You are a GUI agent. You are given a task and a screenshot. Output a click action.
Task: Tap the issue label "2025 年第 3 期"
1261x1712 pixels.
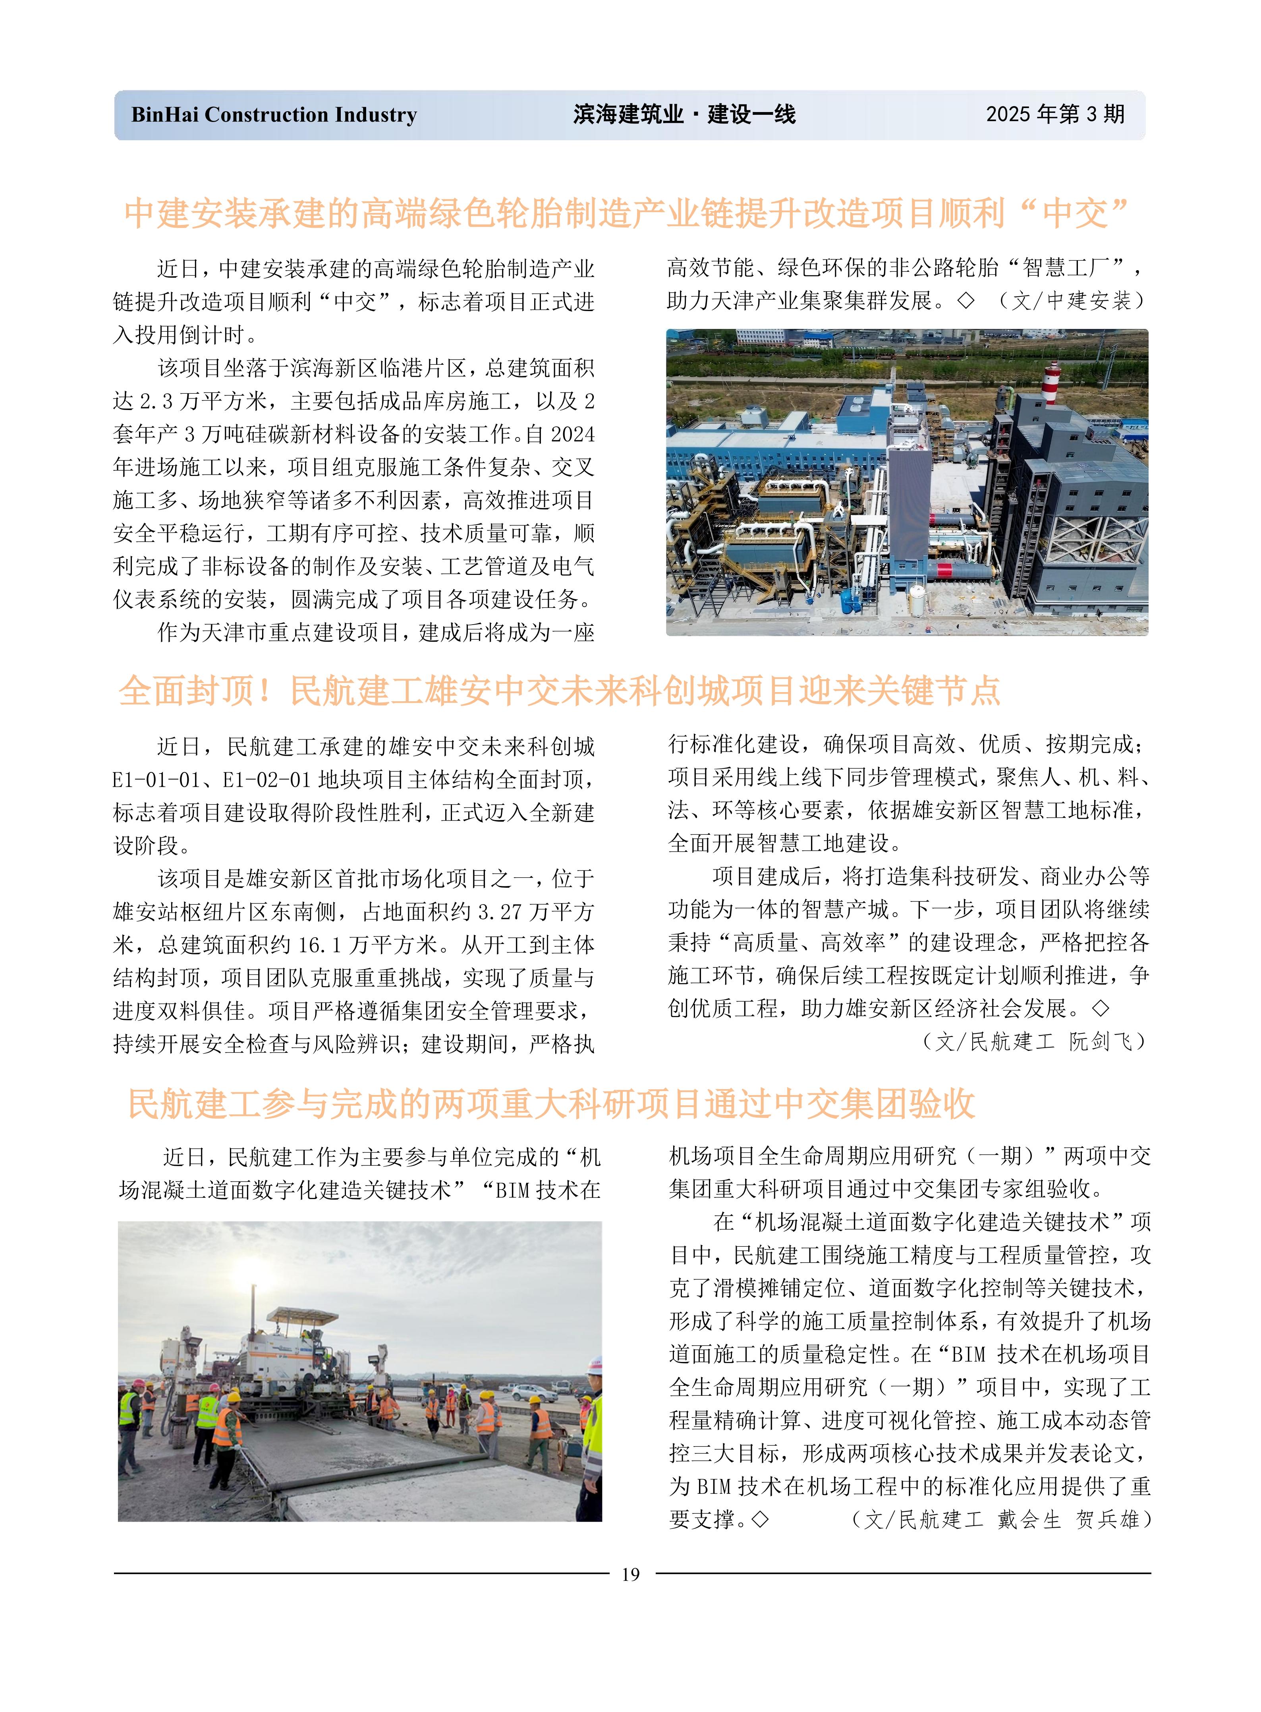click(x=1055, y=114)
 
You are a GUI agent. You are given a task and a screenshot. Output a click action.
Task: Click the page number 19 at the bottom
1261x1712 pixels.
click(x=631, y=1575)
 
